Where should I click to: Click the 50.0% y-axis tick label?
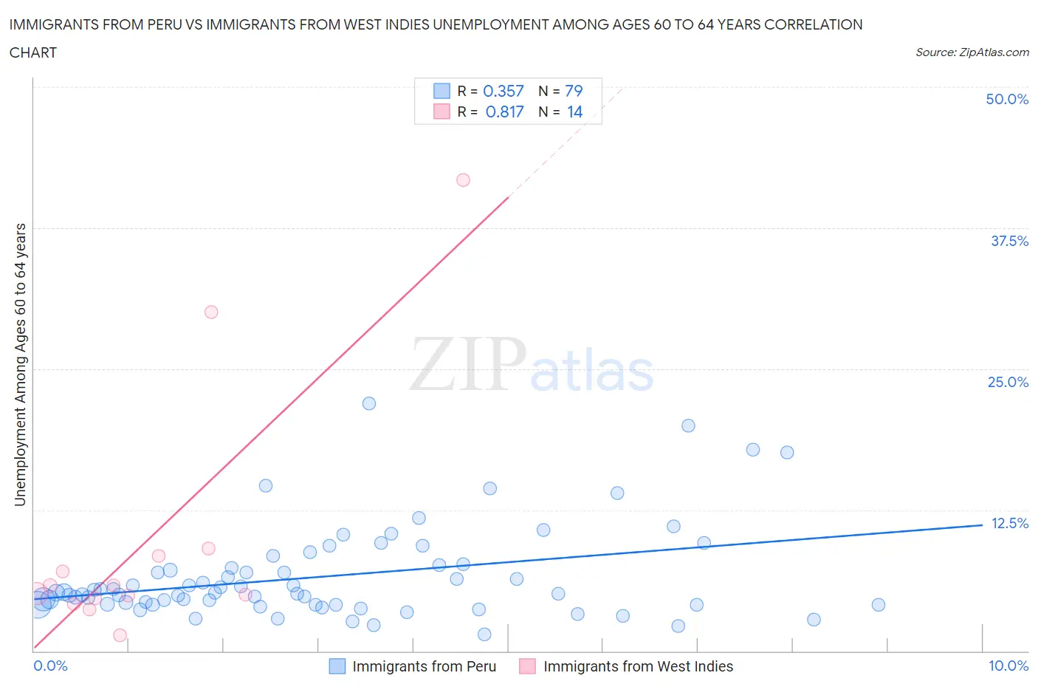pos(1006,99)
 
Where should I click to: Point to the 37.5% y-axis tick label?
pos(1008,241)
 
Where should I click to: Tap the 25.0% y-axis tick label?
pos(1007,382)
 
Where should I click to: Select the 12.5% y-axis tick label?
pos(1008,523)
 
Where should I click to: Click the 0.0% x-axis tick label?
pos(50,666)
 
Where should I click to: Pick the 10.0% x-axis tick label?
pos(1008,666)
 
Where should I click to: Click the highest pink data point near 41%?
pos(463,180)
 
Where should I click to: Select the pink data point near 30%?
pos(211,312)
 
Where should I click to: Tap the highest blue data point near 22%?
pos(369,403)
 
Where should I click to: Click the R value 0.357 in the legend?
pos(503,91)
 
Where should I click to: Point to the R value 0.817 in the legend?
pos(504,112)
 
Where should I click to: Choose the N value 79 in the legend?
pos(574,91)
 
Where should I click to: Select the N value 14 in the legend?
pos(574,112)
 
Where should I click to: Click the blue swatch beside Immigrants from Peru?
pos(337,666)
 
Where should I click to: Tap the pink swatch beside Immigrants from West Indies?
pos(527,666)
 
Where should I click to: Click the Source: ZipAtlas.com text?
pos(972,52)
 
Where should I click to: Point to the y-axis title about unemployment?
pos(20,365)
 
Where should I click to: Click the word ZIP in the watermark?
pos(467,363)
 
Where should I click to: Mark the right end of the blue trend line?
pos(982,524)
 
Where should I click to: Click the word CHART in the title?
pos(33,52)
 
